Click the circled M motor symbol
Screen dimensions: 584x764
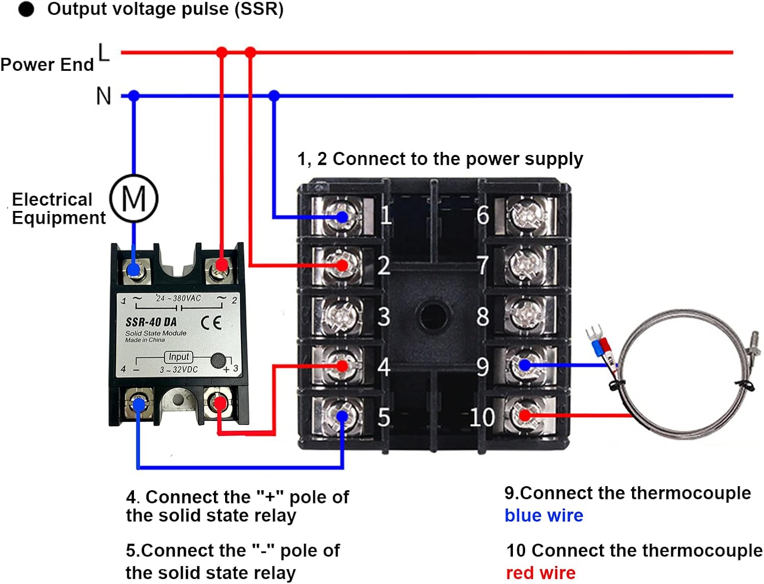pyautogui.click(x=134, y=198)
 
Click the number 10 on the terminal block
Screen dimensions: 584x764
pyautogui.click(x=482, y=417)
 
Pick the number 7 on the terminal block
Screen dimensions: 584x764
pyautogui.click(x=482, y=266)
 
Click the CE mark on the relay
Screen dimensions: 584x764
pyautogui.click(x=211, y=323)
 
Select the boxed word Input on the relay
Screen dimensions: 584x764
pyautogui.click(x=179, y=357)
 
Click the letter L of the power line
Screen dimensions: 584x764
pyautogui.click(x=103, y=52)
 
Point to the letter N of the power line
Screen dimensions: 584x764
pyautogui.click(x=103, y=96)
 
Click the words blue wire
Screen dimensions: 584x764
pyautogui.click(x=543, y=516)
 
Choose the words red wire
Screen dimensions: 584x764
pyautogui.click(x=540, y=573)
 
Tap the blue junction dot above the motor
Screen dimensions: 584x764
pyautogui.click(x=134, y=96)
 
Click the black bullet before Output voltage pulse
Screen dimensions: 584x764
pyautogui.click(x=26, y=9)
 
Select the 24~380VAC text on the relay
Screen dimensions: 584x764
pyautogui.click(x=179, y=298)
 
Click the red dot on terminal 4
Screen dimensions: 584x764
pyautogui.click(x=342, y=365)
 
